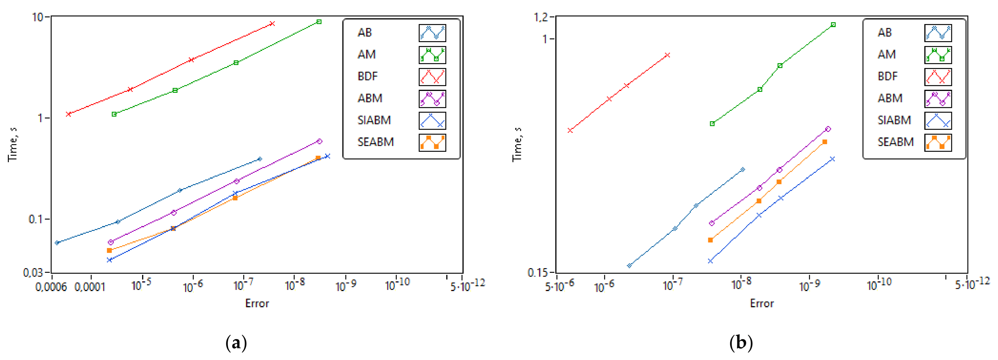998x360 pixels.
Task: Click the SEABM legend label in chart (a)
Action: (x=375, y=142)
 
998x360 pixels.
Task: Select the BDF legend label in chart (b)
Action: (x=888, y=76)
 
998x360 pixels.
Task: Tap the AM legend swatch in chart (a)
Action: (x=432, y=55)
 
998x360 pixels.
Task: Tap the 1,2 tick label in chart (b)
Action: (x=542, y=17)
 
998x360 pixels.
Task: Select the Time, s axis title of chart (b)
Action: (x=517, y=144)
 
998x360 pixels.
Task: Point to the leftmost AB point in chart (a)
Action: (x=57, y=243)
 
